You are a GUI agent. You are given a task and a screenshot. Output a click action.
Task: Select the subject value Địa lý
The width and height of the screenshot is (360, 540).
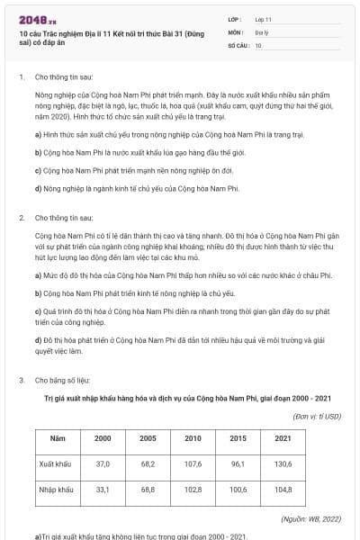(261, 31)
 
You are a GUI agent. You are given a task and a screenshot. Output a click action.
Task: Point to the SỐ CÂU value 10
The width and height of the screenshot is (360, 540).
(258, 44)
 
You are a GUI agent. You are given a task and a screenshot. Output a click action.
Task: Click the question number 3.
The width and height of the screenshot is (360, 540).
(21, 381)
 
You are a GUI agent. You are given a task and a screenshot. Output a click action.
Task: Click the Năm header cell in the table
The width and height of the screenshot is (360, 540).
(58, 437)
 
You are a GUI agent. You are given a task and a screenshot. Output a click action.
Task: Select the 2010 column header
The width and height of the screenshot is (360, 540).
(193, 437)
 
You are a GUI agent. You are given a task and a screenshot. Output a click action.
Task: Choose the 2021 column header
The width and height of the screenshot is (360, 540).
(283, 437)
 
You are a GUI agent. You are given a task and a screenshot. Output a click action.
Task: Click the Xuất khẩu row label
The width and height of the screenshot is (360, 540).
(58, 463)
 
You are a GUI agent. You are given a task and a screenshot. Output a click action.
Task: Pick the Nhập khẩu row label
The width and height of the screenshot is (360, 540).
(58, 490)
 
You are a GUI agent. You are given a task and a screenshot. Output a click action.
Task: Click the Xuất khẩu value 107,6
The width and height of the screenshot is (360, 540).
(193, 463)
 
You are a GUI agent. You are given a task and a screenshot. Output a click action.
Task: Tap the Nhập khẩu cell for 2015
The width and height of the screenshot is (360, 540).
(238, 490)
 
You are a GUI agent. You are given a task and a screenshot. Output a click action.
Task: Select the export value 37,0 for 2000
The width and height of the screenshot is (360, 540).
(103, 463)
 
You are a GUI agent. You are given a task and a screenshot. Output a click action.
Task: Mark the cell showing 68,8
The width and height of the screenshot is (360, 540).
(148, 490)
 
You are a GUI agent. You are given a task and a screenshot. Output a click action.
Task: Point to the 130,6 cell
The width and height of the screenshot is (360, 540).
(283, 463)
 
